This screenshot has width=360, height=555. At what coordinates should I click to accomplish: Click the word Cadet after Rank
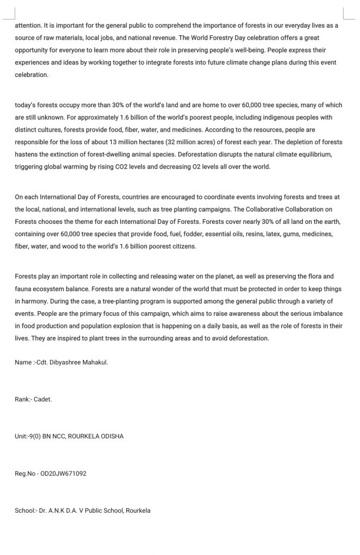(43, 399)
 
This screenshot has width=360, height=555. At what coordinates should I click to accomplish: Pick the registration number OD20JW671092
(63, 473)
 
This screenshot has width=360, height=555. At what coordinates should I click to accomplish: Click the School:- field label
(25, 511)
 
